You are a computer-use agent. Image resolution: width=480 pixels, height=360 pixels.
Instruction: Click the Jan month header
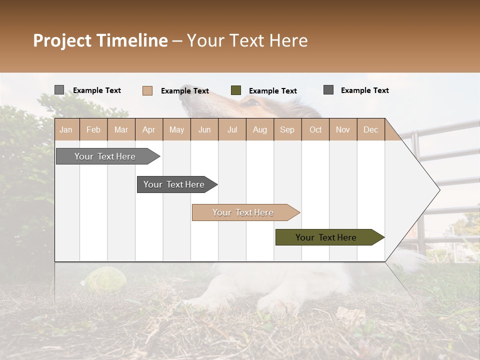(66, 129)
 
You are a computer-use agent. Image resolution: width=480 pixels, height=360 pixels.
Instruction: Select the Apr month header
(148, 129)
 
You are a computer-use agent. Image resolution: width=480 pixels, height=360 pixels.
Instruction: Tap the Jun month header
(204, 129)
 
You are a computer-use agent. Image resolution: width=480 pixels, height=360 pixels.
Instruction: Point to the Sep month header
(287, 129)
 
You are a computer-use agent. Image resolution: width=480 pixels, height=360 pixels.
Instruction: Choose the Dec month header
(370, 129)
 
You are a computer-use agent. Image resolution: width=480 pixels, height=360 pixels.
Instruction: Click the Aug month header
(259, 129)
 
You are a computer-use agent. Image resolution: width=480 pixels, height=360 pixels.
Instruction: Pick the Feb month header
(93, 129)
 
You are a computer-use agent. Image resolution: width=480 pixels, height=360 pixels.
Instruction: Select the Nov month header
(342, 129)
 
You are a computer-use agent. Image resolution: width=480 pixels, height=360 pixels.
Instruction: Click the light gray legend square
(59, 90)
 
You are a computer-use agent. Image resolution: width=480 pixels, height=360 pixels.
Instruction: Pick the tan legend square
(147, 90)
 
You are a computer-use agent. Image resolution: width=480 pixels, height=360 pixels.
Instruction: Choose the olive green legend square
(235, 90)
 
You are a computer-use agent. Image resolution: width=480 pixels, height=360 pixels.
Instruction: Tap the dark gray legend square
(328, 90)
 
